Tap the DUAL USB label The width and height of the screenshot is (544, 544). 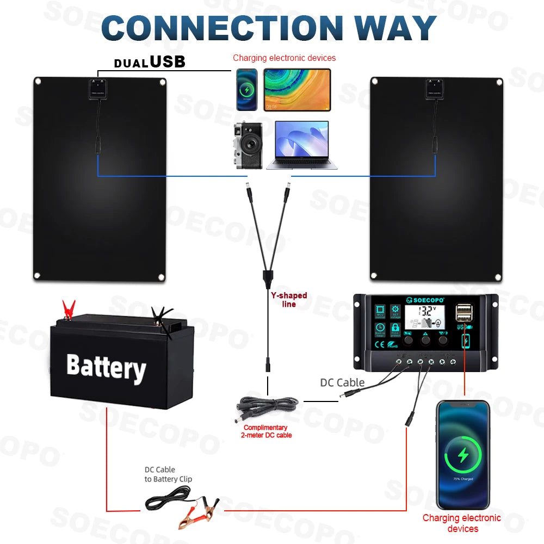(150, 63)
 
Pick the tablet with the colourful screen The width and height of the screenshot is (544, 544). (297, 90)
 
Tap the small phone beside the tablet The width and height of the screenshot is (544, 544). (247, 90)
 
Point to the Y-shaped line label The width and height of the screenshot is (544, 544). (289, 300)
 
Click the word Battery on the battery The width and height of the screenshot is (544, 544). (106, 367)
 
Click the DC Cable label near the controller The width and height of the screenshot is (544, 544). (342, 383)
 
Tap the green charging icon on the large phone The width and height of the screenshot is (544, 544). (463, 455)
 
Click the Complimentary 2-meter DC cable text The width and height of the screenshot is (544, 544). (267, 431)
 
